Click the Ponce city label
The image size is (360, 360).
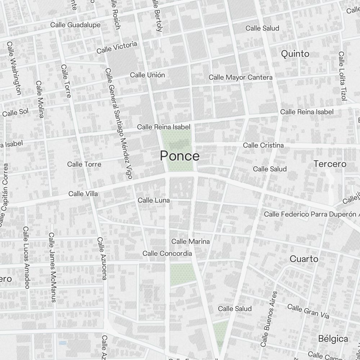click(180, 156)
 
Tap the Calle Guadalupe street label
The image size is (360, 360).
click(75, 25)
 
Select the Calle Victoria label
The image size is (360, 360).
click(117, 47)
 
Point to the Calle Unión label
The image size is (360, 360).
click(147, 75)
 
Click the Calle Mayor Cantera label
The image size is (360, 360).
click(240, 77)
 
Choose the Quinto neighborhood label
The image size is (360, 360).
click(295, 54)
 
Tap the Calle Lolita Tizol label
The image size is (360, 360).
click(342, 76)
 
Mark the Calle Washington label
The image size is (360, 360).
click(14, 68)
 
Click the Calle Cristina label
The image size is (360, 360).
click(263, 145)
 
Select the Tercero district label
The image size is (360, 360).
click(330, 164)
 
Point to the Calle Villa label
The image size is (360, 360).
click(83, 194)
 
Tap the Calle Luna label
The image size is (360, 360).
click(154, 200)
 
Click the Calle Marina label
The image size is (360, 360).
click(190, 241)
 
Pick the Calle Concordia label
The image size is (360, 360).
click(167, 253)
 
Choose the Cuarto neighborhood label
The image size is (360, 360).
click(304, 259)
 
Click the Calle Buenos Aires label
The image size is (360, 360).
click(270, 319)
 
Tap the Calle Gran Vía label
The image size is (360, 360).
click(308, 311)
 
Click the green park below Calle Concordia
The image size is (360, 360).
click(183, 274)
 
